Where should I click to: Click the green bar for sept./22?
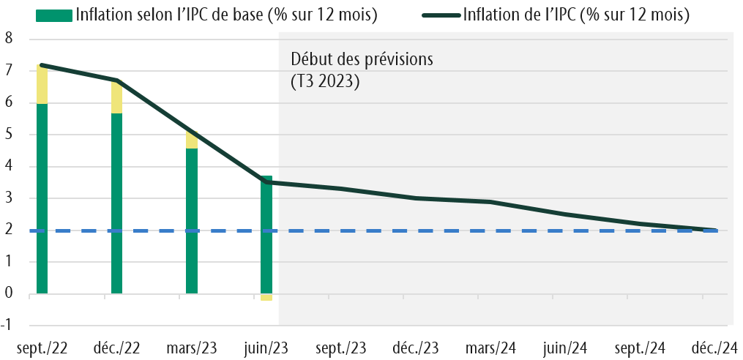pyautogui.click(x=42, y=198)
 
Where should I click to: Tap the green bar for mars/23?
pyautogui.click(x=191, y=220)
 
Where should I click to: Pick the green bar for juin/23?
pyautogui.click(x=266, y=234)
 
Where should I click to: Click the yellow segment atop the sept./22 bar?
pyautogui.click(x=42, y=84)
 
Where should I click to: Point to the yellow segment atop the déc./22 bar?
pyautogui.click(x=116, y=97)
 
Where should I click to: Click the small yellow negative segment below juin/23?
pyautogui.click(x=266, y=297)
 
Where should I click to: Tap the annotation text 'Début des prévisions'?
pyautogui.click(x=362, y=59)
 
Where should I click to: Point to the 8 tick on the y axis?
pyautogui.click(x=10, y=40)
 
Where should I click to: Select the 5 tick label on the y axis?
pyautogui.click(x=10, y=135)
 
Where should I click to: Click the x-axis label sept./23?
pyautogui.click(x=341, y=347)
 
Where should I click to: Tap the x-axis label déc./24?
pyautogui.click(x=715, y=347)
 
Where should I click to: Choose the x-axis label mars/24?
pyautogui.click(x=490, y=347)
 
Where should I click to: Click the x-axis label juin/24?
pyautogui.click(x=565, y=347)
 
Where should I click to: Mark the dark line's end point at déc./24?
pyautogui.click(x=714, y=230)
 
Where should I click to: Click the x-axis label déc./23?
pyautogui.click(x=415, y=347)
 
